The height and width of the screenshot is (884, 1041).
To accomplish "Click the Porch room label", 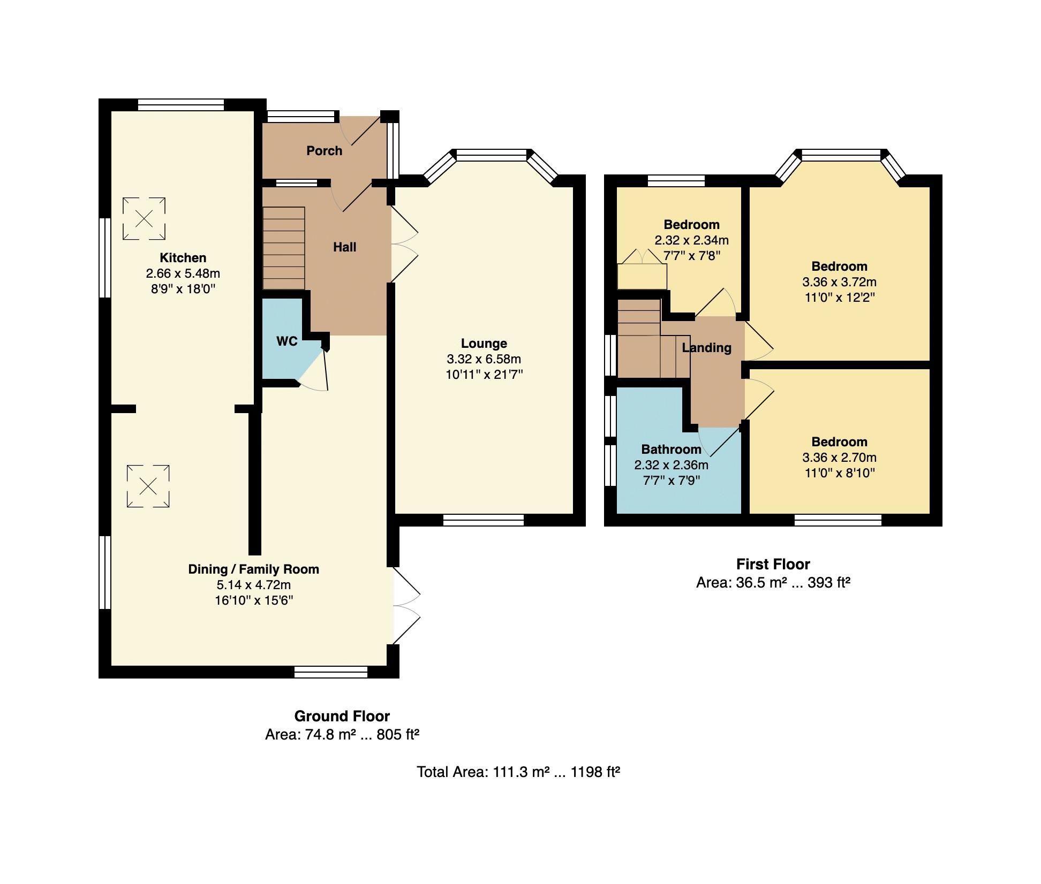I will point(324,151).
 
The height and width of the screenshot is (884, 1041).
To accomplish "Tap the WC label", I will point(286,341).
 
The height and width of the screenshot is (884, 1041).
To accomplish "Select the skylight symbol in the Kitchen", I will point(144,218).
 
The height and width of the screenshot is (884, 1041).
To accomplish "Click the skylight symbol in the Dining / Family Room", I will point(148,486).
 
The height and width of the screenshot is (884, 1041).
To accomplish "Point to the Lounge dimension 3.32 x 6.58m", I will point(484,359).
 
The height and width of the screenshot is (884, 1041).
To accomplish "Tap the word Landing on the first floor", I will point(706,348).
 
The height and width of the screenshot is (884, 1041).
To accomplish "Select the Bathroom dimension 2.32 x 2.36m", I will point(671,465).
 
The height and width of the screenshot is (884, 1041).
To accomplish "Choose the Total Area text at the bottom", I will point(518,772).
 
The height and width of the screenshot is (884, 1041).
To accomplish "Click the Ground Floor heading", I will point(342,716).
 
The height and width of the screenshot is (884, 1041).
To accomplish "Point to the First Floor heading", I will point(773,564).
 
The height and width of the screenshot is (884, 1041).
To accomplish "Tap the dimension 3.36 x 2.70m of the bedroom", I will point(839,458).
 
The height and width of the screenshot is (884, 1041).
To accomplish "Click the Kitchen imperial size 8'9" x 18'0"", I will point(183,289).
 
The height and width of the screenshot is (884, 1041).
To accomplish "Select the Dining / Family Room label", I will point(253,569).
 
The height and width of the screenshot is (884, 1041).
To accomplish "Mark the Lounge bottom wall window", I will point(484,520).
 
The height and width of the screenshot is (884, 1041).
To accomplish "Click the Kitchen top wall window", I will point(180,105).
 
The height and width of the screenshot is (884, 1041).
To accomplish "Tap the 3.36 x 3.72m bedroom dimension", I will point(839,282).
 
